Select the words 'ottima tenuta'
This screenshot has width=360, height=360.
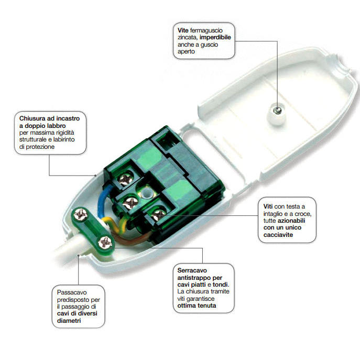(198, 305)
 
